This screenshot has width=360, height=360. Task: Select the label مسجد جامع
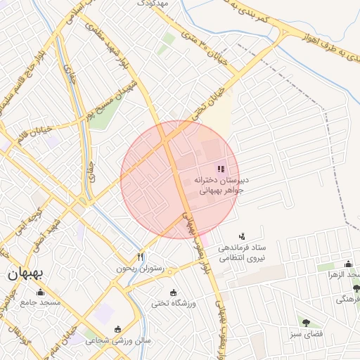pos(41,303)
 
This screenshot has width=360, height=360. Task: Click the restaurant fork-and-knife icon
pos(140,257)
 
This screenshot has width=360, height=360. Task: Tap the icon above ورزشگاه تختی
pos(174,292)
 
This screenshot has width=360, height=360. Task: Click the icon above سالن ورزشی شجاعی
pos(117,329)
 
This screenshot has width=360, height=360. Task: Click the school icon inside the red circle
pos(221,169)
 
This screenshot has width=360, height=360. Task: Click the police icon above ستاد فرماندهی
pos(243,236)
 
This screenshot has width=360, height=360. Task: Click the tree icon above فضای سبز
pos(307,323)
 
